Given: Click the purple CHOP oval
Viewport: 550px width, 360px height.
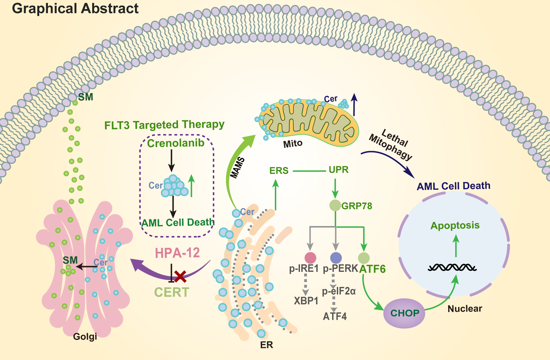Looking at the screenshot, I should pyautogui.click(x=404, y=313).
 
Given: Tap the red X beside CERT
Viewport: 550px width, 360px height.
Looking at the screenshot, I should pyautogui.click(x=180, y=277).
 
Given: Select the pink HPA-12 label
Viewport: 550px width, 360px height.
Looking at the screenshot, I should pyautogui.click(x=177, y=253).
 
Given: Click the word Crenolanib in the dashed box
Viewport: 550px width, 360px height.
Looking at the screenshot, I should pyautogui.click(x=176, y=143).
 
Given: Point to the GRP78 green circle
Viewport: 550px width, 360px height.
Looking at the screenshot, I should pyautogui.click(x=335, y=205).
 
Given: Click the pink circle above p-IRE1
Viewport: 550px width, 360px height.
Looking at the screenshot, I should pyautogui.click(x=310, y=258).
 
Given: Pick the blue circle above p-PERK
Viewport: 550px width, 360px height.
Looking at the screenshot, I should pyautogui.click(x=336, y=258).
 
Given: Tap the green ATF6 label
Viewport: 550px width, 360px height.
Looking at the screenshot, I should pyautogui.click(x=372, y=269).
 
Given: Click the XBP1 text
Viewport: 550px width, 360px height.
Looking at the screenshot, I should pyautogui.click(x=306, y=301).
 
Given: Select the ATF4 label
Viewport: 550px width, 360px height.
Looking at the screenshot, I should pyautogui.click(x=334, y=316).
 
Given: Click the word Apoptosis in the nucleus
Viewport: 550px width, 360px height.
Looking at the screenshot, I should pyautogui.click(x=455, y=225).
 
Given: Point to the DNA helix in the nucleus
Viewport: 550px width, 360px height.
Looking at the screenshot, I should pyautogui.click(x=452, y=267).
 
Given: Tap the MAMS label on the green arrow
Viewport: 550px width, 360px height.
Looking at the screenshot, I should pyautogui.click(x=238, y=168).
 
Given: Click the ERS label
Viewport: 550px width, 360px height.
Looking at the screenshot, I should pyautogui.click(x=279, y=171).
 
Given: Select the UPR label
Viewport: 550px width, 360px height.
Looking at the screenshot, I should pyautogui.click(x=339, y=170).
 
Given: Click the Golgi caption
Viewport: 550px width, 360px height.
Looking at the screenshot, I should pyautogui.click(x=85, y=337).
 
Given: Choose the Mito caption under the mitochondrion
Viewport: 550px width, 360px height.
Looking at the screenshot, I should pyautogui.click(x=293, y=144).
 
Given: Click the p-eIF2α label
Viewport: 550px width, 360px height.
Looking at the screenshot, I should pyautogui.click(x=339, y=291).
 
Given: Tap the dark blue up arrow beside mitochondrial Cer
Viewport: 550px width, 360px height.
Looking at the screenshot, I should pyautogui.click(x=354, y=104).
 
